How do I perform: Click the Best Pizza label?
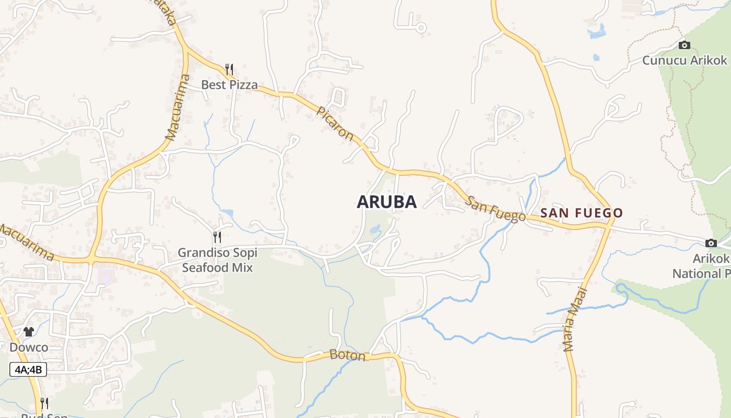(229, 85)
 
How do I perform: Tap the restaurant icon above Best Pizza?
(229, 69)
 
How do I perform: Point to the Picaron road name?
(335, 124)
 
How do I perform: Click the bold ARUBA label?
(386, 202)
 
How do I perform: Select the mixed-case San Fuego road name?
(496, 209)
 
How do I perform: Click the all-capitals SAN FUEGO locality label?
(582, 213)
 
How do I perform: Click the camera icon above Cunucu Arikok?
(684, 45)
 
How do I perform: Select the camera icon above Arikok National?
(711, 243)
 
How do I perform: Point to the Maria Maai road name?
(576, 319)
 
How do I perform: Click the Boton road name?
(348, 355)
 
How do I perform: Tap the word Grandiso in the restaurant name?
(203, 253)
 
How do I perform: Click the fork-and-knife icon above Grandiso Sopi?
(217, 237)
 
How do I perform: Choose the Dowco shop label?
(29, 347)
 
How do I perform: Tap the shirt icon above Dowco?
(29, 332)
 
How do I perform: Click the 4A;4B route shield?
(28, 370)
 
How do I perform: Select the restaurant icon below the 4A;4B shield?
(44, 403)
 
